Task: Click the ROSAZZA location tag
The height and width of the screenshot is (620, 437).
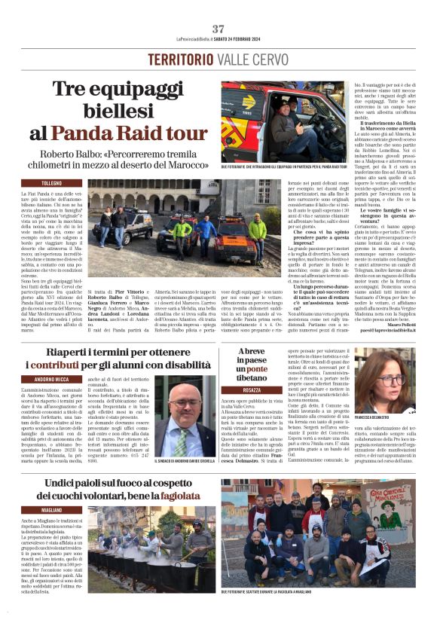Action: tap(252, 390)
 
